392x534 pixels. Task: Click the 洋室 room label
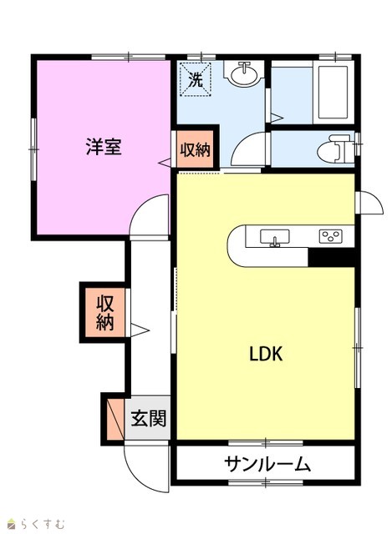[104, 147]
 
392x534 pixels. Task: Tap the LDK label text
[266, 354]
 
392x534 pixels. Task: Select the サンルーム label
[267, 464]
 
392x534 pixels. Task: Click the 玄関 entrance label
[149, 418]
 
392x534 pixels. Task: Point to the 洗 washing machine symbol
[196, 80]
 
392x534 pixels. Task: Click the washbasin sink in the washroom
[244, 73]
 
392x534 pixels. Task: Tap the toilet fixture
[334, 149]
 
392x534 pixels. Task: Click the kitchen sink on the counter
[275, 237]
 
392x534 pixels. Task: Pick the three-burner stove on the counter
[331, 236]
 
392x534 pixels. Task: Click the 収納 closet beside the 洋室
[195, 149]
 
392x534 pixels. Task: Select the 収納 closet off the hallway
[104, 313]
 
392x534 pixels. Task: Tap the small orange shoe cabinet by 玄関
[115, 419]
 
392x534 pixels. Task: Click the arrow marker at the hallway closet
[140, 330]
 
